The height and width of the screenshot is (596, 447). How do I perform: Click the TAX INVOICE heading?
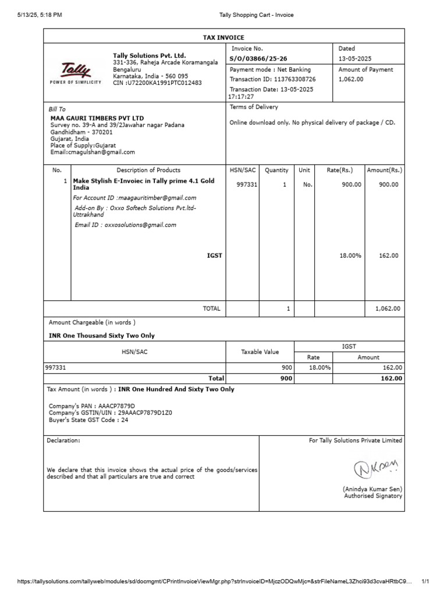[223, 37]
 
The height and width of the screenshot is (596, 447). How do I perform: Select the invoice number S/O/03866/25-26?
[258, 59]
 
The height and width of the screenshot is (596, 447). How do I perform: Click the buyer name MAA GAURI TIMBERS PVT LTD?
[97, 118]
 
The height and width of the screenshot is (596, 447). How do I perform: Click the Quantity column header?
[276, 170]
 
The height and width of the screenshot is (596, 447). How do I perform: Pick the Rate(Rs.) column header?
[339, 170]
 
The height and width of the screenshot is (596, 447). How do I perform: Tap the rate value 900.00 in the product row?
[351, 185]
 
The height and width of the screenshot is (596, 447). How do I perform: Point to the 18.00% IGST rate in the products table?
[350, 256]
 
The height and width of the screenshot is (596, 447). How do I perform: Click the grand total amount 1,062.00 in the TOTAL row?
[388, 308]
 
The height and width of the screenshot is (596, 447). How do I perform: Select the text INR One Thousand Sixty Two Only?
[102, 336]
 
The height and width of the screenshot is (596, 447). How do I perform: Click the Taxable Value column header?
[260, 352]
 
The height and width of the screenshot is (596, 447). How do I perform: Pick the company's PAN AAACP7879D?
[116, 406]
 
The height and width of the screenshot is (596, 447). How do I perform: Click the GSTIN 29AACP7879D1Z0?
[145, 413]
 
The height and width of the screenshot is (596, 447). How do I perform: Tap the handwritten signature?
[377, 466]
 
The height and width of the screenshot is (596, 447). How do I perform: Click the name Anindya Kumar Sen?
[374, 489]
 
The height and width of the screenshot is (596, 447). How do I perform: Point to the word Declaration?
[63, 441]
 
